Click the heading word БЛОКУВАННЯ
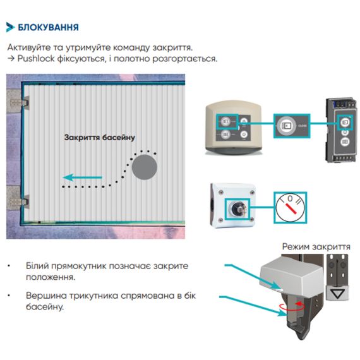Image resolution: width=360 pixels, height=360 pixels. [48, 27]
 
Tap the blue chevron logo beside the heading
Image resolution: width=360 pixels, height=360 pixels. [10, 27]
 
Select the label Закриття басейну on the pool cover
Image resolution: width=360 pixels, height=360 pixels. [100, 138]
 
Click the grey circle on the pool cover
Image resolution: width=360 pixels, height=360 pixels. [145, 167]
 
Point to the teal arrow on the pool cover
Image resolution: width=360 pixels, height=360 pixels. [83, 177]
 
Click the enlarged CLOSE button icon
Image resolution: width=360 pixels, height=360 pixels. [287, 126]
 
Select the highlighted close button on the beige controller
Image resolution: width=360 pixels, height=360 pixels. [225, 121]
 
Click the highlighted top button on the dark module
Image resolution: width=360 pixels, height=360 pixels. [345, 122]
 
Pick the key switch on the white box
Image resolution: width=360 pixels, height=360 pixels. [237, 208]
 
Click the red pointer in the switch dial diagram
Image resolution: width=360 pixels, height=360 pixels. [290, 208]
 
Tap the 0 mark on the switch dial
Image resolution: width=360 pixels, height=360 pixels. [290, 198]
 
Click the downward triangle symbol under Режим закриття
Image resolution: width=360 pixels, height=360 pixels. [337, 294]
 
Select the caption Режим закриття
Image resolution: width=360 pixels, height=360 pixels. [316, 247]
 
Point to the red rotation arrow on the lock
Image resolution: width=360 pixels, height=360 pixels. [292, 306]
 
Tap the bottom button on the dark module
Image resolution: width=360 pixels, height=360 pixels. [345, 141]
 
